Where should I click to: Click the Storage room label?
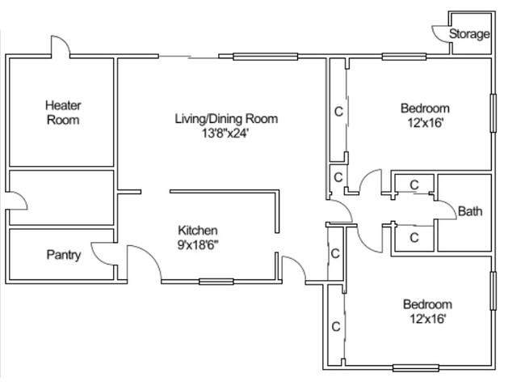(x=469, y=34)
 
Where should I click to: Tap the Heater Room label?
(x=63, y=112)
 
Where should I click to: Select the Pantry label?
(x=64, y=255)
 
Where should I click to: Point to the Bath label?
(x=470, y=211)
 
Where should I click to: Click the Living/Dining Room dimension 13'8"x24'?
(x=225, y=134)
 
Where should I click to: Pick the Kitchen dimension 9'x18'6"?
(x=198, y=245)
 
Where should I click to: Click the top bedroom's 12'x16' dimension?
(x=425, y=123)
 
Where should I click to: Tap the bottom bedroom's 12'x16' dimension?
(x=427, y=318)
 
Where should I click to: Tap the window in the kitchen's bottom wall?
(x=216, y=282)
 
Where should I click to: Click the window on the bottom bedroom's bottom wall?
(x=415, y=368)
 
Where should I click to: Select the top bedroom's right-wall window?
(x=493, y=113)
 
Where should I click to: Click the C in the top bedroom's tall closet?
(x=338, y=112)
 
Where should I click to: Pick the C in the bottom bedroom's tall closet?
(x=336, y=326)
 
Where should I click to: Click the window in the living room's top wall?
(x=265, y=57)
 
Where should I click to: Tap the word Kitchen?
(x=198, y=231)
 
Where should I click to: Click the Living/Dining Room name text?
(x=226, y=119)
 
